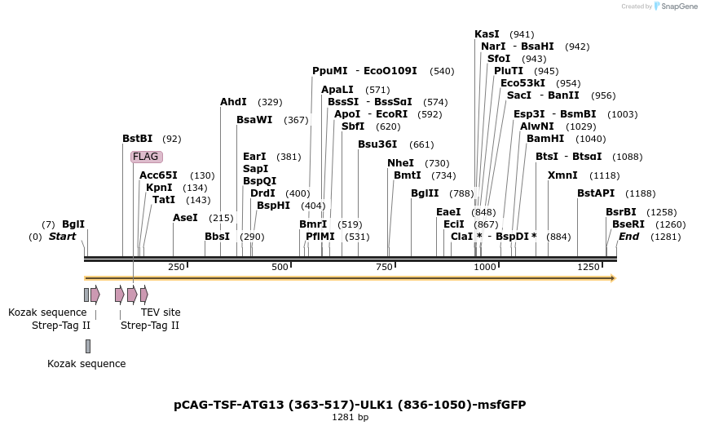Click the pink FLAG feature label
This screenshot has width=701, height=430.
pyautogui.click(x=146, y=157)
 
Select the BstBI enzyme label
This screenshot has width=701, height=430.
pyautogui.click(x=138, y=139)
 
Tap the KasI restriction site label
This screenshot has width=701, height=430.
pyautogui.click(x=487, y=34)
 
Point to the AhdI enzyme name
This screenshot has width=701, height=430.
pyautogui.click(x=233, y=102)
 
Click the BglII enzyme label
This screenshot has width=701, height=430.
pyautogui.click(x=425, y=193)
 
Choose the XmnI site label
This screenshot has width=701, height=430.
pyautogui.click(x=562, y=175)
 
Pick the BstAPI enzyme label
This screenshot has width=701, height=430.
pyautogui.click(x=596, y=193)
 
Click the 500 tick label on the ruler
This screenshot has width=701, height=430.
pyautogui.click(x=280, y=267)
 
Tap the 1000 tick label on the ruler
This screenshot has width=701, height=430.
pyautogui.click(x=486, y=267)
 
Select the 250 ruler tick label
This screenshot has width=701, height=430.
pyautogui.click(x=176, y=267)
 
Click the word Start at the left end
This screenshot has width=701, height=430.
pyautogui.click(x=62, y=237)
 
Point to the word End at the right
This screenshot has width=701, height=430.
pyautogui.click(x=628, y=237)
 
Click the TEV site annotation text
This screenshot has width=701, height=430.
pyautogui.click(x=161, y=313)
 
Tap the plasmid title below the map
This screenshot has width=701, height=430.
pyautogui.click(x=355, y=405)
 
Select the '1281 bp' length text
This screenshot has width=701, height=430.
pyautogui.click(x=350, y=418)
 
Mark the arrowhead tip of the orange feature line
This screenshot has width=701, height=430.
pyautogui.click(x=614, y=278)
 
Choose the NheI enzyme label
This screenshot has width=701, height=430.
pyautogui.click(x=400, y=163)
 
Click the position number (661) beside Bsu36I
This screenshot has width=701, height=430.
pyautogui.click(x=421, y=145)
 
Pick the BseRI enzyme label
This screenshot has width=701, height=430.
pyautogui.click(x=628, y=224)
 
